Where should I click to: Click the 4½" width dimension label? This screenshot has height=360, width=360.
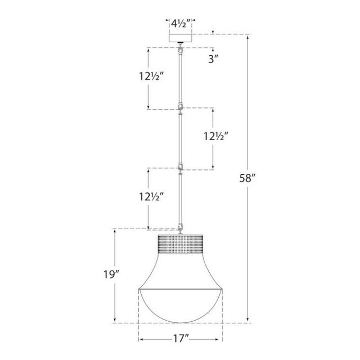coord(180,24)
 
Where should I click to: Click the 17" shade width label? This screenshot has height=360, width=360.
coord(180,340)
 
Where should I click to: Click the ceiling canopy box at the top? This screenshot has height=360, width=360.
coord(180,38)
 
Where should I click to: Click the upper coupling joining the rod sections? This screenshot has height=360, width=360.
coord(180,107)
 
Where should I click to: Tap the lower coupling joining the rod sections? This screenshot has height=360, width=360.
coord(180,166)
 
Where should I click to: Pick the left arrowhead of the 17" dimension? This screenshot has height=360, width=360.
coord(141,340)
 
